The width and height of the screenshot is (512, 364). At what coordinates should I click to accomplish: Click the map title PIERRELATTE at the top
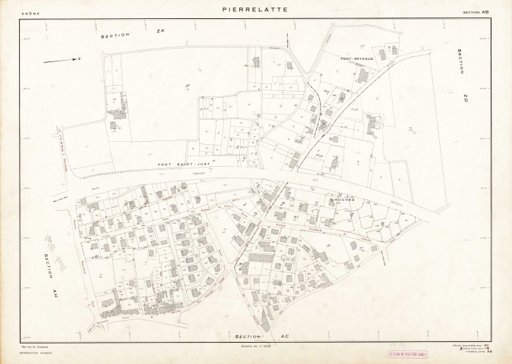click(255, 10)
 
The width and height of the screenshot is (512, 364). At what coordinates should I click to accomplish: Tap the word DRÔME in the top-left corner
click(31, 13)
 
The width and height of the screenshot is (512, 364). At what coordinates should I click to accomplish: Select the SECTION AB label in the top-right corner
click(477, 13)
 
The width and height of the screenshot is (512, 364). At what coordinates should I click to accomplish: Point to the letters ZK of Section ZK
click(160, 32)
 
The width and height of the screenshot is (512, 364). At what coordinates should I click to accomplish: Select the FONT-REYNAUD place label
click(356, 58)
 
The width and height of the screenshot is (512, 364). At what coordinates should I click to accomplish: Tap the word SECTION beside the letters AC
click(248, 336)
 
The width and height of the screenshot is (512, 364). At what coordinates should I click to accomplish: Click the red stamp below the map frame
click(409, 353)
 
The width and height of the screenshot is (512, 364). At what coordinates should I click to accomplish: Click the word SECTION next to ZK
click(116, 35)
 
